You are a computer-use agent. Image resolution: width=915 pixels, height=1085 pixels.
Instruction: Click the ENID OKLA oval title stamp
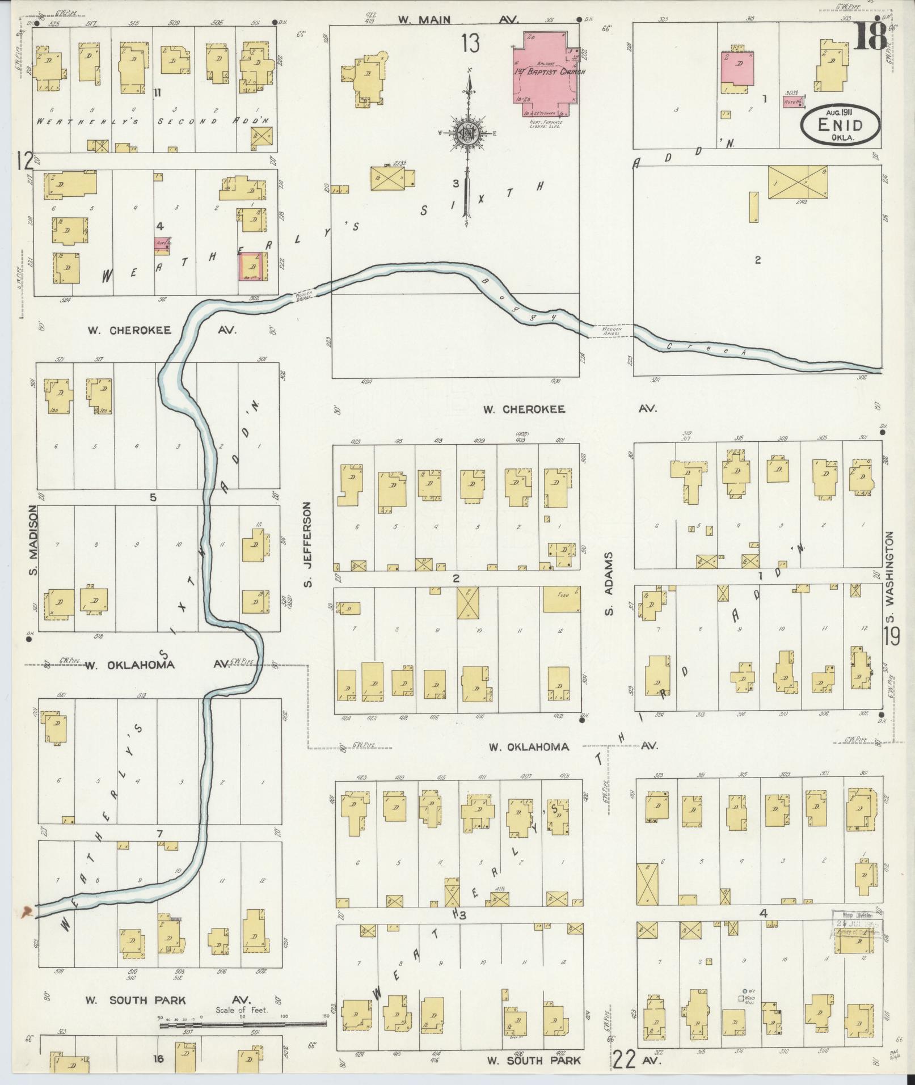pyautogui.click(x=841, y=124)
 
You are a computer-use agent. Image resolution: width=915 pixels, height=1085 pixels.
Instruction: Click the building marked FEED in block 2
pyautogui.click(x=562, y=600)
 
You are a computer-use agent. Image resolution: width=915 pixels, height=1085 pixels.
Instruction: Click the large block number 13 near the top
pyautogui.click(x=470, y=43)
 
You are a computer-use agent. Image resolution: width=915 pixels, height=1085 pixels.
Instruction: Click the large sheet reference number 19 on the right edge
pyautogui.click(x=891, y=636)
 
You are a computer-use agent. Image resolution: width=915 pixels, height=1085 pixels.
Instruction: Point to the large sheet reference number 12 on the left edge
pyautogui.click(x=25, y=162)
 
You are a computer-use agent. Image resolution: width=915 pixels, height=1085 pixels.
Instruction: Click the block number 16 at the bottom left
pyautogui.click(x=158, y=1058)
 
